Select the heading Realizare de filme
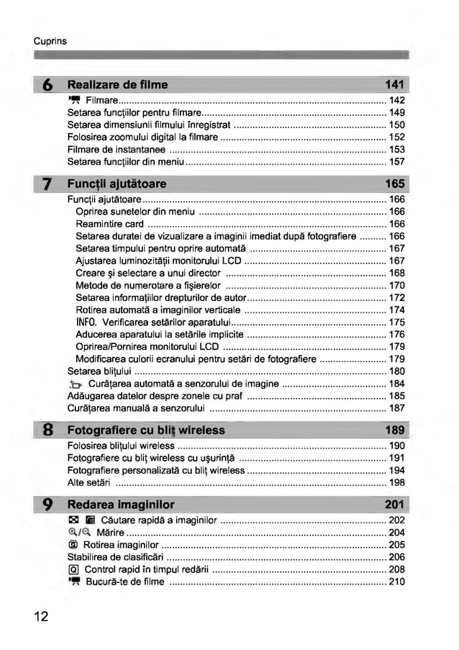click(x=117, y=85)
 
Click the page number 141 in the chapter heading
click(x=395, y=85)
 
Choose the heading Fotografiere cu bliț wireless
click(x=145, y=430)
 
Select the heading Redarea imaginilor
click(x=120, y=504)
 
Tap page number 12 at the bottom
click(x=40, y=616)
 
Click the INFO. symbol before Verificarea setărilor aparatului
click(x=86, y=322)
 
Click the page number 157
click(x=396, y=162)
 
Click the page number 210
click(x=396, y=582)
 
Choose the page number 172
click(x=396, y=297)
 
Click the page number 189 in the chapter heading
click(x=395, y=430)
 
